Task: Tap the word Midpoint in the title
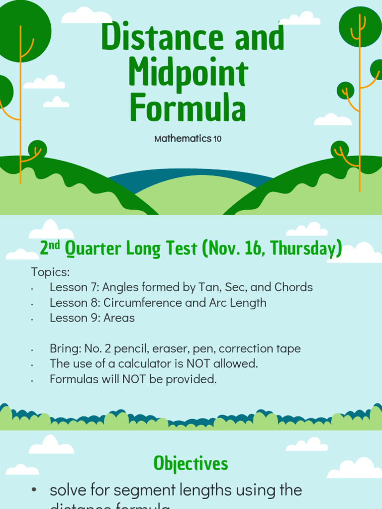coord(188,74)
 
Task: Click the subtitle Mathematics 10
coord(188,139)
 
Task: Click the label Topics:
coord(50,272)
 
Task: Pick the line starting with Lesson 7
coord(181,287)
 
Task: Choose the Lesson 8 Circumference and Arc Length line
coord(158,303)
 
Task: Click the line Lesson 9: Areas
coord(92,318)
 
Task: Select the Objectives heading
coord(191,463)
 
